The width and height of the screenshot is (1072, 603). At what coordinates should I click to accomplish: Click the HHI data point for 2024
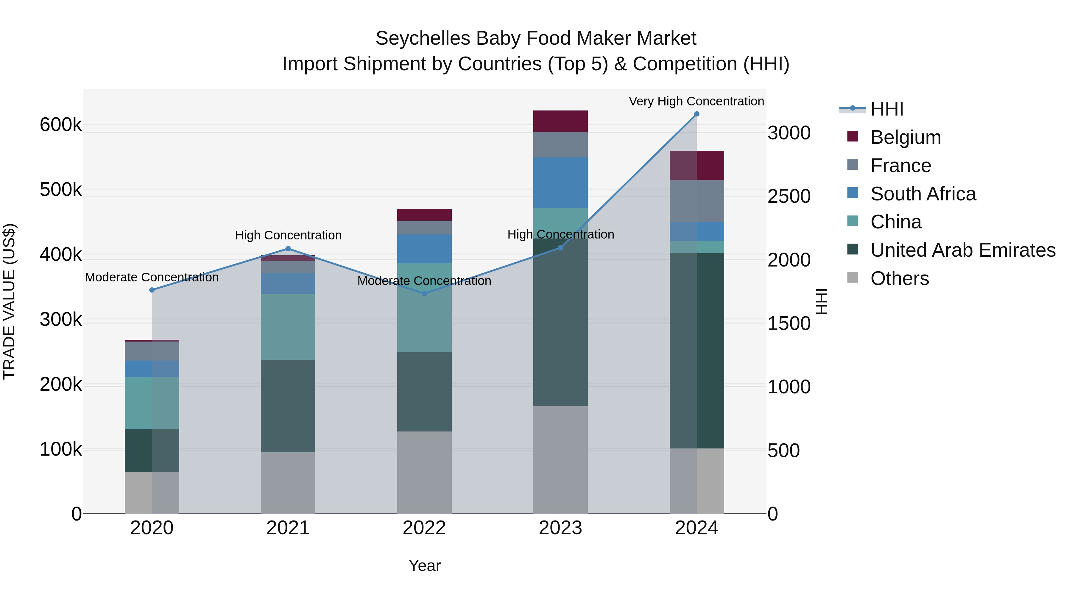coord(697,114)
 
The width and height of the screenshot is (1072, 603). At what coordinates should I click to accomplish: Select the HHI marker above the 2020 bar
coord(152,290)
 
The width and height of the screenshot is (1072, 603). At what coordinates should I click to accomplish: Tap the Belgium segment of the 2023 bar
coord(560,121)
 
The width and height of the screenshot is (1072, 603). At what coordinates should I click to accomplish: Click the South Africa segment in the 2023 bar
coord(560,182)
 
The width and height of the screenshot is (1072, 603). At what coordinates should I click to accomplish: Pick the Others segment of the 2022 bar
coord(424,472)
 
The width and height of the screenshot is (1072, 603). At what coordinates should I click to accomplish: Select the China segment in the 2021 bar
coord(288,327)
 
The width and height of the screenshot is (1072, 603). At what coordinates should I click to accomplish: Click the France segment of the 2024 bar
coord(697,201)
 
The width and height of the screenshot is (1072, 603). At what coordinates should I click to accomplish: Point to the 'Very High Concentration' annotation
coord(696,101)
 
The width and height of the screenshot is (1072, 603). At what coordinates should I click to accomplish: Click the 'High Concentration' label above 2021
coord(288,235)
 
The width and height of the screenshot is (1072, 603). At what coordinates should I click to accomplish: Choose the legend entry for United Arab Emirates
coord(962,250)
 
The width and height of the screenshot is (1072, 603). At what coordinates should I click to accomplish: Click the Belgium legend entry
coord(905,137)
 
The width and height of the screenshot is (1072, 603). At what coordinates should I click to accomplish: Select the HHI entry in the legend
coord(886,109)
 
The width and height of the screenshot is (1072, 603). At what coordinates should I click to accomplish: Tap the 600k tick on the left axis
coord(61,124)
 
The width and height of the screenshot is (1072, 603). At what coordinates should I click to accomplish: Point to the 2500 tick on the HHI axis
coord(789,197)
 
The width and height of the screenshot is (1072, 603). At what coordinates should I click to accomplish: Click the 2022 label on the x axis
coord(424,528)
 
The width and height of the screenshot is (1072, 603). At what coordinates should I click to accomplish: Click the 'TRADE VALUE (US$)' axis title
coord(9,301)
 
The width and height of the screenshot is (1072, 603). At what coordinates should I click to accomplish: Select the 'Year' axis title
coord(424,565)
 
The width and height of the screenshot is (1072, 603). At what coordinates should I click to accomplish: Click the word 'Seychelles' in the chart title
coord(423,38)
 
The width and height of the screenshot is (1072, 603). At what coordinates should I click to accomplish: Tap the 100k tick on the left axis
coord(61,449)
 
